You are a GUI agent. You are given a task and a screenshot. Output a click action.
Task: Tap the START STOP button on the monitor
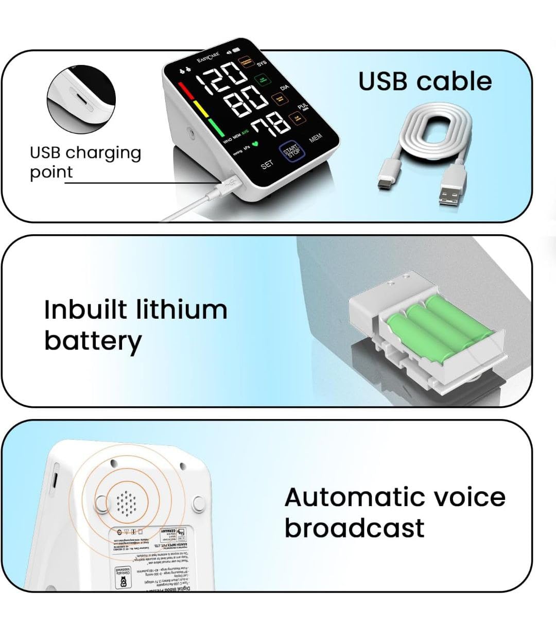click(292, 150)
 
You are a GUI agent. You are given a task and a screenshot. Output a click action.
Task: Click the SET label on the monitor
click(267, 165)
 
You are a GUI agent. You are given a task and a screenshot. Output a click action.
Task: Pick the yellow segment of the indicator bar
click(198, 109)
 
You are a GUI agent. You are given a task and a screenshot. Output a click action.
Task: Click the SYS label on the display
click(262, 64)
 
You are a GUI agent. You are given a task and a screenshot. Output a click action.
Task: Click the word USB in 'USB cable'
click(383, 81)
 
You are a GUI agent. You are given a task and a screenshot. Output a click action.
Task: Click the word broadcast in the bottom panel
click(354, 528)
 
